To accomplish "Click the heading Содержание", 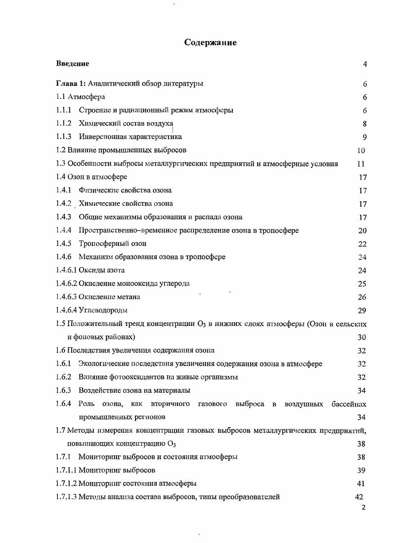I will (210, 43).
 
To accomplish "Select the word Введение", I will (72, 64).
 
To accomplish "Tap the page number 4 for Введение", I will (364, 64).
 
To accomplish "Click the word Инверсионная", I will (102, 136).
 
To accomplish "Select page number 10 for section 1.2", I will (361, 150).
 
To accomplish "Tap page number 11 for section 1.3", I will (360, 164).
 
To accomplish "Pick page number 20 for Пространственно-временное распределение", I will (362, 230).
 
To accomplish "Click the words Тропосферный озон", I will (112, 243).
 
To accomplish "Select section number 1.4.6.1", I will (67, 270).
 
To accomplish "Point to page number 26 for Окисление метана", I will (362, 297).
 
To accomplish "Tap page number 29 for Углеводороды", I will (362, 311).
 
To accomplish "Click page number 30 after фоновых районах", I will (362, 337).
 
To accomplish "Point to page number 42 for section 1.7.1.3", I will (359, 497).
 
